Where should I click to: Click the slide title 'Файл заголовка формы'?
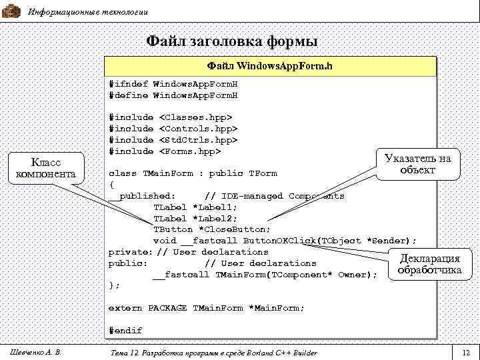pos(232,41)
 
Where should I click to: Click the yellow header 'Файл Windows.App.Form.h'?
pos(269,67)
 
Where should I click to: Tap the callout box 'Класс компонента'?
pos(46,169)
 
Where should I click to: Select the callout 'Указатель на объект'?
pos(418,164)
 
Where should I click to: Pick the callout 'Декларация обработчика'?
pos(429,264)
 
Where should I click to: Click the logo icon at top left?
pos(11,11)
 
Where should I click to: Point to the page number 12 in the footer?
pos(465,352)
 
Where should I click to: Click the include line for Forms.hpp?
pos(165,151)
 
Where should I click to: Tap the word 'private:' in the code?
pos(130,252)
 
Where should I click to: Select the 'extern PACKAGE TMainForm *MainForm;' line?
pos(206,308)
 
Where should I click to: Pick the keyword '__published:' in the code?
pos(143,196)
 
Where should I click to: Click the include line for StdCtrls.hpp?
pos(173,140)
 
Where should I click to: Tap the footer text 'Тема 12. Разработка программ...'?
pos(212,352)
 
